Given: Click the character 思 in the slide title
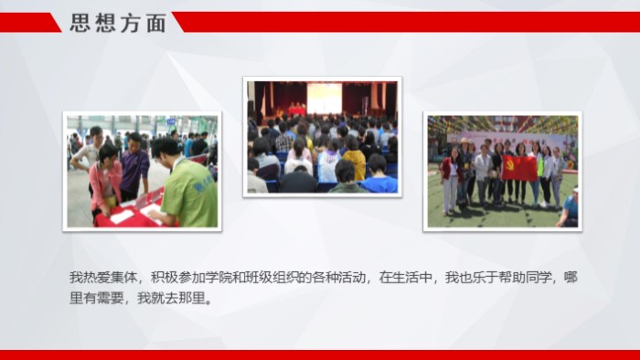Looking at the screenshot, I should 82,23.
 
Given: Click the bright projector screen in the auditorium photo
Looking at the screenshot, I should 324,97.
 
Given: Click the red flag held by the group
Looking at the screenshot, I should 519,167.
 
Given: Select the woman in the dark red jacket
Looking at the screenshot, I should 450,175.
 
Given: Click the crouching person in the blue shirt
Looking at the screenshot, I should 569,208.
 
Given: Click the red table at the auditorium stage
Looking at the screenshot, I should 296,111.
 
